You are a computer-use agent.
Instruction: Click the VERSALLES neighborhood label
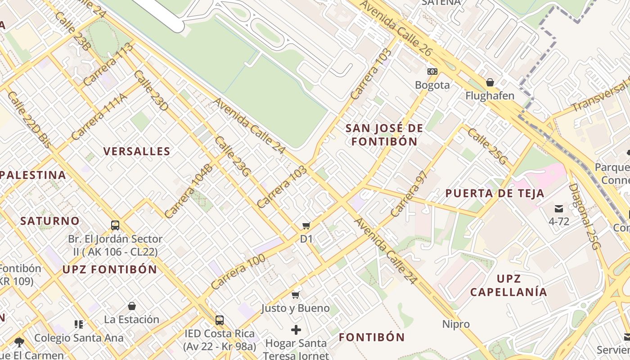[137, 151]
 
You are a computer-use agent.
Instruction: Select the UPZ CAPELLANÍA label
[508, 285]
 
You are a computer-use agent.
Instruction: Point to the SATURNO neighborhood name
[50, 221]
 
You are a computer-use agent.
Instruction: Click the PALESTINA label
[33, 175]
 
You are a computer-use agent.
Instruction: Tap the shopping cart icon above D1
[306, 225]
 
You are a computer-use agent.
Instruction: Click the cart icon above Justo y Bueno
[296, 295]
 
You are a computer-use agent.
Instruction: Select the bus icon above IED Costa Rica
[219, 320]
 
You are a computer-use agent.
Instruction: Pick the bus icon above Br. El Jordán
[115, 225]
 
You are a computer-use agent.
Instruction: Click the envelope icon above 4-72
[559, 208]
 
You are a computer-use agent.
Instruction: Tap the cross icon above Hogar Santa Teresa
[296, 330]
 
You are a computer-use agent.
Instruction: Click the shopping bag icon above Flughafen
[490, 82]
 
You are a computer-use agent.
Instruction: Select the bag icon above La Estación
[132, 306]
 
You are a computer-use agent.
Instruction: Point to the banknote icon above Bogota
[432, 72]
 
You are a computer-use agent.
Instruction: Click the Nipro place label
[456, 324]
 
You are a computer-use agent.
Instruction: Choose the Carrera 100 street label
[238, 272]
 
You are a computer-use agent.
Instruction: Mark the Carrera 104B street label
[188, 191]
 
